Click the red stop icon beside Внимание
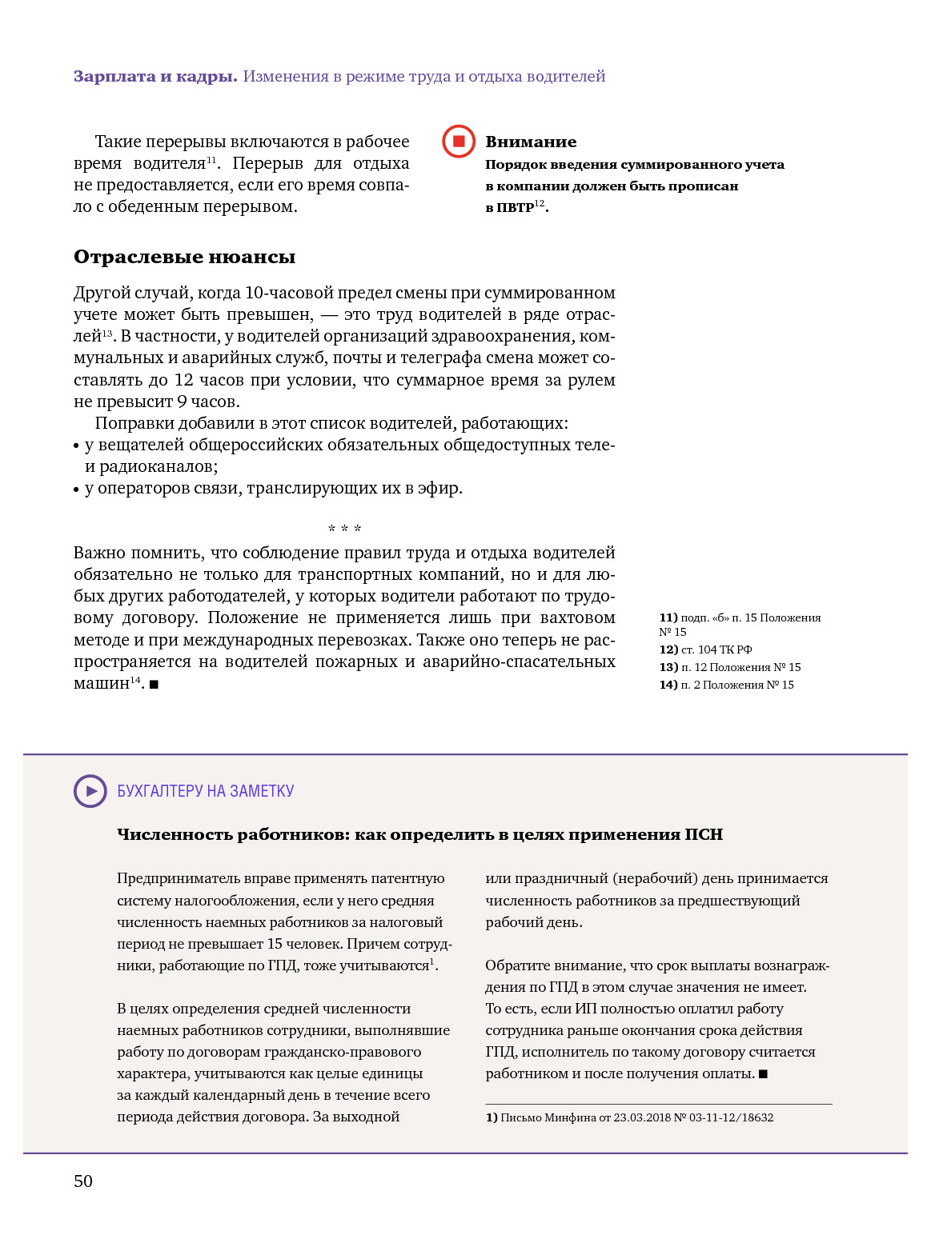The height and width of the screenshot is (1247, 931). (x=459, y=142)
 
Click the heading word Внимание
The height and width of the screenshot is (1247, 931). (x=531, y=142)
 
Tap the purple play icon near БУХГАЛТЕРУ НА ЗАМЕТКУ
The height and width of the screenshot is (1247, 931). (x=90, y=791)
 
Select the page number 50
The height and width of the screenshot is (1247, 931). (x=83, y=1181)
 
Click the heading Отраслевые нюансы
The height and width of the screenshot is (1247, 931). (x=184, y=257)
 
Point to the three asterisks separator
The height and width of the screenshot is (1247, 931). (x=345, y=529)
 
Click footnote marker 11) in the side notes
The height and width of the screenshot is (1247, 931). (x=668, y=618)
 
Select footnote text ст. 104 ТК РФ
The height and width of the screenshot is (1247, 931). (x=716, y=649)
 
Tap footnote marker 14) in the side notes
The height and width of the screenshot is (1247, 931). (x=668, y=685)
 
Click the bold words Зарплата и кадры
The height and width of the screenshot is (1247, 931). (x=155, y=76)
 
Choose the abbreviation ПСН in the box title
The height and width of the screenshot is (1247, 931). (x=704, y=834)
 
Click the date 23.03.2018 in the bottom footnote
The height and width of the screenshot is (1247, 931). (x=642, y=1117)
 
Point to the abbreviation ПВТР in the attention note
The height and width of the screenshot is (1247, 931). (x=515, y=208)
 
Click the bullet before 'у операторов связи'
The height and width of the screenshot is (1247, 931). (x=77, y=489)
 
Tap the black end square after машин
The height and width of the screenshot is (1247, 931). (x=154, y=684)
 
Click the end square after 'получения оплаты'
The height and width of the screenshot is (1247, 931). (x=763, y=1074)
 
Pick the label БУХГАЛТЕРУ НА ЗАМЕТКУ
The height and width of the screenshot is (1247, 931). (x=206, y=791)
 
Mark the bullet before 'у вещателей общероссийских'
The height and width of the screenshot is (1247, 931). (x=77, y=446)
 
